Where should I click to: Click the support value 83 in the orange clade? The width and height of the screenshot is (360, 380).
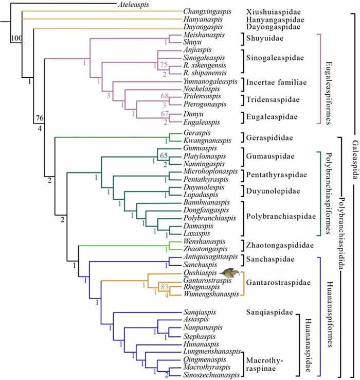165,287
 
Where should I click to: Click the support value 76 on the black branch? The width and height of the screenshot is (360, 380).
39,119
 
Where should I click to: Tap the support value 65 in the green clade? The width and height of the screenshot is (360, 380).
164,155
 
